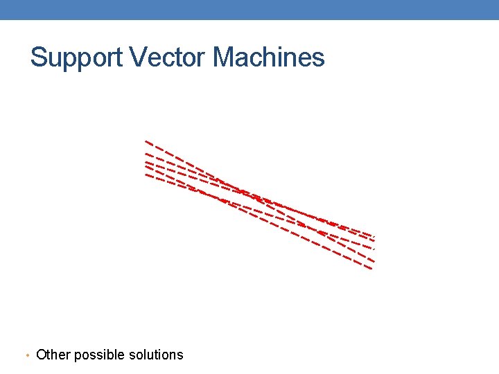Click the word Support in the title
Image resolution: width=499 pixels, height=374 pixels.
coord(72,57)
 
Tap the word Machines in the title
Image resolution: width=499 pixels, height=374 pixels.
coord(269,57)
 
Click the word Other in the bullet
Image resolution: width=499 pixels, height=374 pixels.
coord(53,355)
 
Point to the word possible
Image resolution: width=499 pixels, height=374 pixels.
coord(100,355)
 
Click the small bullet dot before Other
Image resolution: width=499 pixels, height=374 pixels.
coord(26,356)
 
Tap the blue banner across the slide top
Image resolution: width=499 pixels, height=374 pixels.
coord(249,10)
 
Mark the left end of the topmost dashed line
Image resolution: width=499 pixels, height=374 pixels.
coord(146,141)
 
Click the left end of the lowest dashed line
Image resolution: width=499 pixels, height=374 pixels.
coord(146,175)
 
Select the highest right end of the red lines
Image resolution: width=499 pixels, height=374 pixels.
coord(374,236)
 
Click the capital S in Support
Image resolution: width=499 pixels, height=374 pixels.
coord(38,57)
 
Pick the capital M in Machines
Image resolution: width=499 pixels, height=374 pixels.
coord(225,57)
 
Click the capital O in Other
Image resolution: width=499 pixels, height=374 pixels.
coord(42,355)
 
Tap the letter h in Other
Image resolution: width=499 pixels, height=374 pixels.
coord(54,355)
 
